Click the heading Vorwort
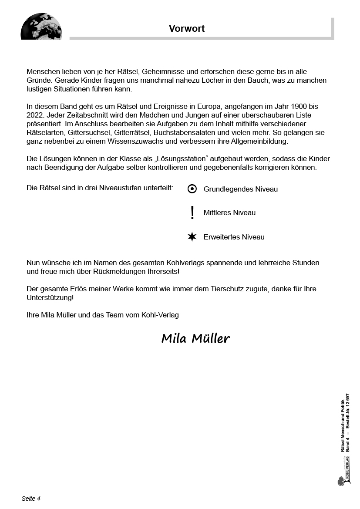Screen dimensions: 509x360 click(x=187, y=29)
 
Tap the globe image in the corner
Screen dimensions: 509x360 click(x=41, y=27)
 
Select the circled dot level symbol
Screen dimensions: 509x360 click(x=192, y=189)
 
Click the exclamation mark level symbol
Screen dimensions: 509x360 click(x=192, y=212)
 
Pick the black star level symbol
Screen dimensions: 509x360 click(x=192, y=237)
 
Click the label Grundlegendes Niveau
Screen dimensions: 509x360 click(x=240, y=189)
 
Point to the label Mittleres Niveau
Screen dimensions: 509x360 click(x=229, y=212)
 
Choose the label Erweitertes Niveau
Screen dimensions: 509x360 click(x=234, y=237)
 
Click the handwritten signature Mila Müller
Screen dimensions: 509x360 click(x=195, y=338)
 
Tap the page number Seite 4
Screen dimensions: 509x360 click(x=31, y=499)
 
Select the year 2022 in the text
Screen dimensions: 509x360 click(x=35, y=115)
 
